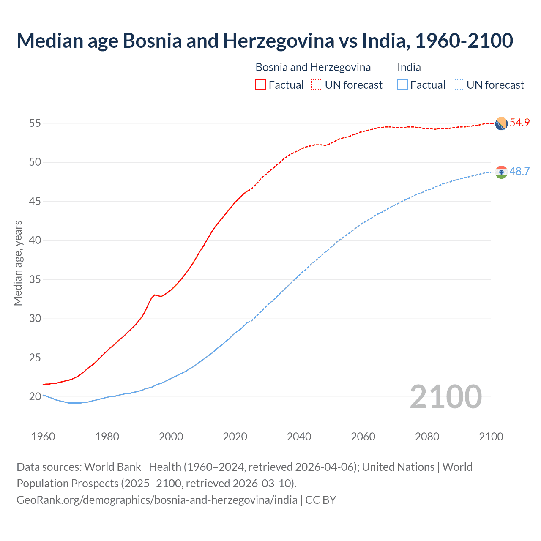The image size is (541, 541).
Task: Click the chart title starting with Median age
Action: [x=265, y=41]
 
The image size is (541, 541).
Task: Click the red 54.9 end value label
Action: [x=519, y=123]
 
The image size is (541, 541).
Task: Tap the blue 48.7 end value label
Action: [x=519, y=171]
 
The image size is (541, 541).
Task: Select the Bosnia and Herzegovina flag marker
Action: [x=501, y=123]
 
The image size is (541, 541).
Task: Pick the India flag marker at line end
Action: [x=501, y=172]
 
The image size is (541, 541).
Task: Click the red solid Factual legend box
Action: [x=261, y=85]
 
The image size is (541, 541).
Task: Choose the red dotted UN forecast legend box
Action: [x=317, y=85]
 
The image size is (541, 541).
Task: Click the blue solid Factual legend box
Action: [x=402, y=85]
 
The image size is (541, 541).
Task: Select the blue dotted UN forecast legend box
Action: [x=459, y=85]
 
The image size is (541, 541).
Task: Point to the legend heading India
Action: [x=409, y=67]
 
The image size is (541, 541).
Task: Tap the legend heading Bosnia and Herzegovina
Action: [x=313, y=67]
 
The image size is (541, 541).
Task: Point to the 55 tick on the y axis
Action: [x=35, y=123]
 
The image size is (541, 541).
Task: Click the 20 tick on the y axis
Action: [x=35, y=397]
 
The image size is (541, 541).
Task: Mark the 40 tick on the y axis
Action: [x=35, y=240]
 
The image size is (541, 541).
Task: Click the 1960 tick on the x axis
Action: [x=43, y=437]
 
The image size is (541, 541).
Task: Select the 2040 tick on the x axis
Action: [x=299, y=437]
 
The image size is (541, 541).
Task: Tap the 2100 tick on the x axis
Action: [x=491, y=437]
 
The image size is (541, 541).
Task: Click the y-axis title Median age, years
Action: [x=18, y=263]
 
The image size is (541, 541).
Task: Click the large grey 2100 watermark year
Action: [x=445, y=396]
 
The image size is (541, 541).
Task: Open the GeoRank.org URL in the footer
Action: [x=157, y=500]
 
